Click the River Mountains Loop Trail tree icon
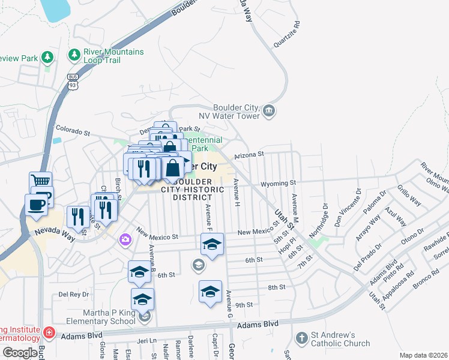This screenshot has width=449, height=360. [75, 56]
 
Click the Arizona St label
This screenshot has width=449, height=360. [249, 154]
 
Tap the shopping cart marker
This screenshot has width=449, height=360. [40, 182]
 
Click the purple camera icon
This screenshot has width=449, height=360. [125, 240]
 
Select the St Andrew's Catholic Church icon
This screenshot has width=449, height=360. [301, 340]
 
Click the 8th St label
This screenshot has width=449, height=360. [276, 287]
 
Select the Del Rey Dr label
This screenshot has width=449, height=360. [73, 295]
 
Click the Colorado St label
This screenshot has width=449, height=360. [72, 128]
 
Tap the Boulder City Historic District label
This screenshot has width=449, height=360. [193, 189]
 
